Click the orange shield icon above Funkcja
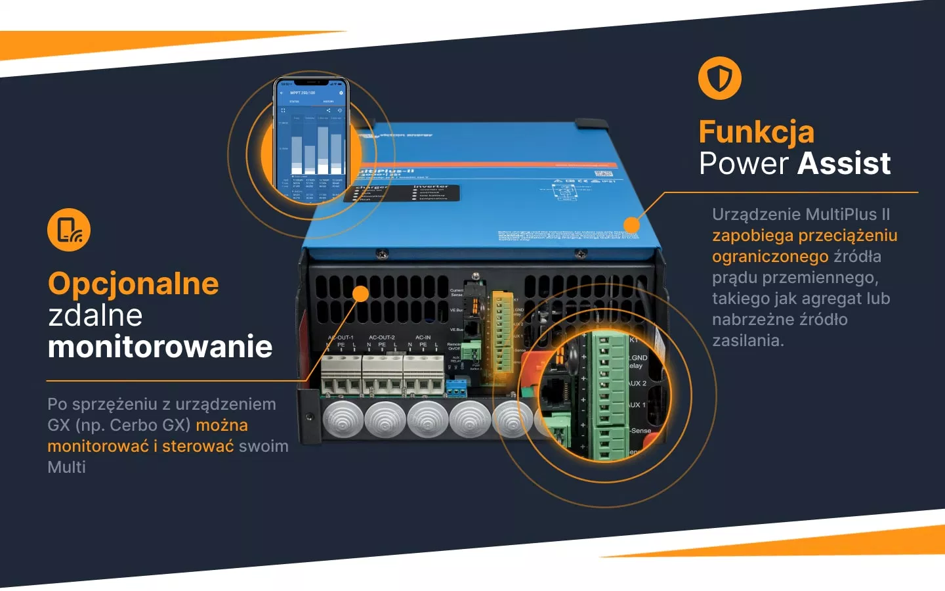pyautogui.click(x=719, y=78)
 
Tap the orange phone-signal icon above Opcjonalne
pyautogui.click(x=69, y=230)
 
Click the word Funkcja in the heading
pyautogui.click(x=756, y=132)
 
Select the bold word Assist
pyautogui.click(x=845, y=164)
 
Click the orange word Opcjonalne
pyautogui.click(x=133, y=284)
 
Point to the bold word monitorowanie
pyautogui.click(x=159, y=347)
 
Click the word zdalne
pyautogui.click(x=95, y=315)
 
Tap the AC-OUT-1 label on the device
pyautogui.click(x=341, y=338)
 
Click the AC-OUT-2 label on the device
pyautogui.click(x=382, y=338)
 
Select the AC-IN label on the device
pyautogui.click(x=423, y=338)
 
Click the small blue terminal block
pyautogui.click(x=456, y=388)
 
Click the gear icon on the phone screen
pyautogui.click(x=341, y=93)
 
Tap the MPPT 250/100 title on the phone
pyautogui.click(x=303, y=93)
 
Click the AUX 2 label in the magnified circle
pyautogui.click(x=637, y=383)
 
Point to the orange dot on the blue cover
pyautogui.click(x=631, y=225)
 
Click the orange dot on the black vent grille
pyautogui.click(x=360, y=294)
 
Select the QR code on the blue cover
pyautogui.click(x=607, y=175)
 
